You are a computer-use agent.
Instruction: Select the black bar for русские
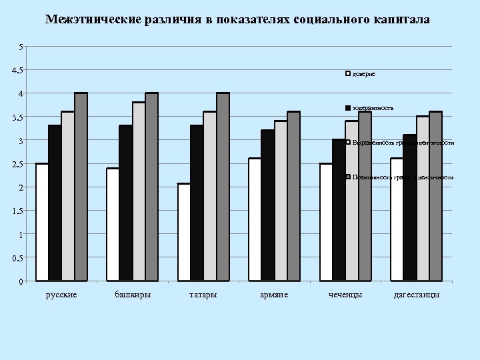[x=55, y=203]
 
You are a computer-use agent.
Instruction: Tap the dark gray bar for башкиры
[x=151, y=187]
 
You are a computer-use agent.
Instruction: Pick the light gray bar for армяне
[x=281, y=201]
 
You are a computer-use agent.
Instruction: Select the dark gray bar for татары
[x=223, y=187]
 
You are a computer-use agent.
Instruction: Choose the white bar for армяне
[x=255, y=219]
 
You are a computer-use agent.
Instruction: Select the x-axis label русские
[x=61, y=295]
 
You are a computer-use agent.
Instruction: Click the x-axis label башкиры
[x=132, y=295]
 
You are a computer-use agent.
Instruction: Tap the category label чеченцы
[x=345, y=295]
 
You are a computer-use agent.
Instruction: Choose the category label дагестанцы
[x=417, y=295]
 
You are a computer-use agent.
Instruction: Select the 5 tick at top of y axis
[x=23, y=47]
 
